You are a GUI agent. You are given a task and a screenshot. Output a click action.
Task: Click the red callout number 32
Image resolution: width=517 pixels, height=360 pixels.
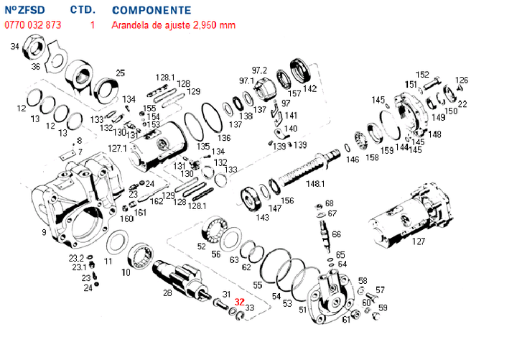pos(240,303)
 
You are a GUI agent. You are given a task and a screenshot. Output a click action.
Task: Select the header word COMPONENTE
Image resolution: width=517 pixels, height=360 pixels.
pos(152,11)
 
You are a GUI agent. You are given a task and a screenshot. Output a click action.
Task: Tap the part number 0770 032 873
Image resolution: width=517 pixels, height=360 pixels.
pos(32,25)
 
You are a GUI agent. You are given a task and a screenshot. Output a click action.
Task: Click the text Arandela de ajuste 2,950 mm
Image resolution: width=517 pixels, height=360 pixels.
pos(173,25)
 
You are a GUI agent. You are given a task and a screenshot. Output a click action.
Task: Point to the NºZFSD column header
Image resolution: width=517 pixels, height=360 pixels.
pos(24,11)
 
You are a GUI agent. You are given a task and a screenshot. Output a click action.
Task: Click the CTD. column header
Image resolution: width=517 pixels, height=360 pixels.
pos(83,11)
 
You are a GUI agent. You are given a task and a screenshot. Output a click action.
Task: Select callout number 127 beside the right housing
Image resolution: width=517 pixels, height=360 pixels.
pos(418,241)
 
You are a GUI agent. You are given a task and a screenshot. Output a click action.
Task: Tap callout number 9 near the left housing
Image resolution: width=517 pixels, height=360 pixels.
pos(44,232)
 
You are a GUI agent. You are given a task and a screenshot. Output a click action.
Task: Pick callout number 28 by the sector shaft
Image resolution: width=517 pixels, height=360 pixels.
pos(167,292)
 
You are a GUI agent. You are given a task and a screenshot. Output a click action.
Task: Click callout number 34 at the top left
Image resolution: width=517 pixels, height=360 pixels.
pos(14,47)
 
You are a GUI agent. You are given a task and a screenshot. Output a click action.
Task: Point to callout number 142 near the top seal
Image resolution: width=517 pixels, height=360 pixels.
pos(309,89)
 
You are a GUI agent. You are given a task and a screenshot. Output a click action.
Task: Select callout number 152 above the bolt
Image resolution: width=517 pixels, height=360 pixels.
pos(423,75)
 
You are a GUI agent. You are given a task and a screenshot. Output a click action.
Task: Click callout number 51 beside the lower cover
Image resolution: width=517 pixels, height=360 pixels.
pos(303,310)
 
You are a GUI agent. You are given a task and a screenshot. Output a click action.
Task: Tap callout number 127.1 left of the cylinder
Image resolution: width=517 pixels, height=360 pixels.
pos(117,147)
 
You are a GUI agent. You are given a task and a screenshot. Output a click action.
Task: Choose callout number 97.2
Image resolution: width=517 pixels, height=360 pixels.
pos(259,70)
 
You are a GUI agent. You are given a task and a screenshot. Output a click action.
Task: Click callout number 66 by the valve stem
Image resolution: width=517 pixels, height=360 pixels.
pos(337,234)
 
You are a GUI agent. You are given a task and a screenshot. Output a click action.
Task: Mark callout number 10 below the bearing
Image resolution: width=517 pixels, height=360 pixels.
pos(126,272)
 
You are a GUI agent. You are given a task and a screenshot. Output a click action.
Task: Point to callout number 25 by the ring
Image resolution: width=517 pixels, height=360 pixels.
pos(120,73)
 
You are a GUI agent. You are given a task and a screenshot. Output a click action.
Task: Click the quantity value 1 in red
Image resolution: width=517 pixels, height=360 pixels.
pos(93,25)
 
